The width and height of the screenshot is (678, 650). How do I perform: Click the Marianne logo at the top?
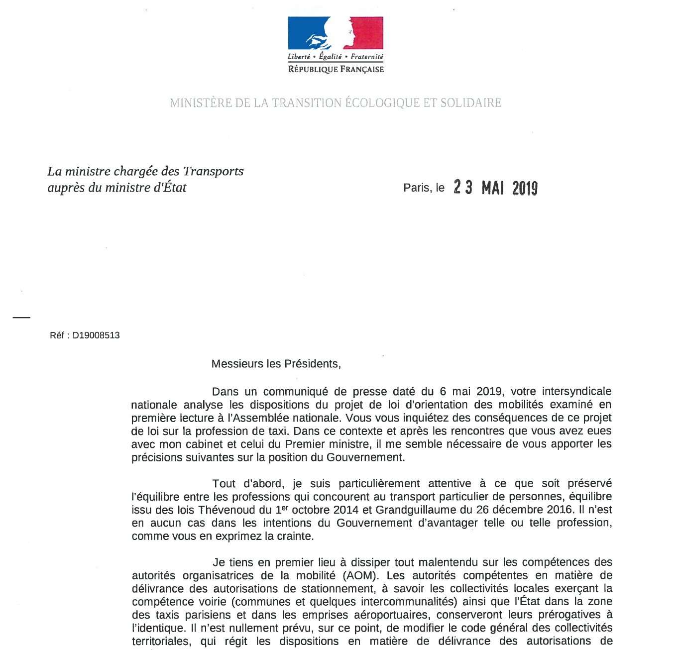point(336,33)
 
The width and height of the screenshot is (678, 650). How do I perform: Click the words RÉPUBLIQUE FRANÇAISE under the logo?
point(336,69)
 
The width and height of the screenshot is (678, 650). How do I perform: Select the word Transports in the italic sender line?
point(213,171)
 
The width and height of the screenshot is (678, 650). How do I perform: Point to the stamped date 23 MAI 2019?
point(495,188)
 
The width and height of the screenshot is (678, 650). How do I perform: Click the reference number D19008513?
point(96,335)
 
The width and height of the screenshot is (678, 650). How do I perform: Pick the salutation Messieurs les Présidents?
point(276,364)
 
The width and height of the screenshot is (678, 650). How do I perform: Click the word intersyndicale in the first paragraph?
point(576,392)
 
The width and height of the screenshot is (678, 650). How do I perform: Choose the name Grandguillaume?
point(414,510)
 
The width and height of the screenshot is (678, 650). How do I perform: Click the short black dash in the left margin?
point(21,317)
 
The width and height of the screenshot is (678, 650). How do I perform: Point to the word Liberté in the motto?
point(299,57)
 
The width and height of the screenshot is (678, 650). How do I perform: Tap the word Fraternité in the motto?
point(367,57)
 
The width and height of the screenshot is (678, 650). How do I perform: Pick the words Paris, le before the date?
point(424,188)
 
